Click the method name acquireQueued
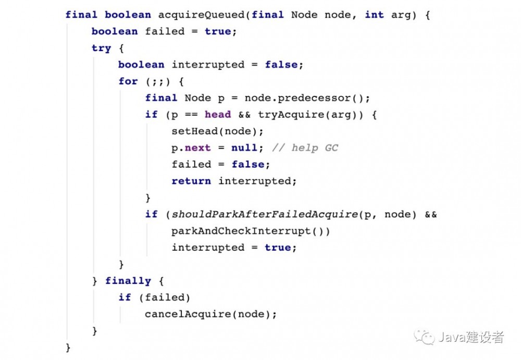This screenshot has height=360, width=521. pos(201,15)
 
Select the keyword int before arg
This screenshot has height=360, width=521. pos(374,15)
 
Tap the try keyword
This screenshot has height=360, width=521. pos(102,48)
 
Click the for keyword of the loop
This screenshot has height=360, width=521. pos(128,81)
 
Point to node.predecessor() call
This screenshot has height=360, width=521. pos(304,98)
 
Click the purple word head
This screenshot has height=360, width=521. pos(218,114)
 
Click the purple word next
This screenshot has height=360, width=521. pos(197,148)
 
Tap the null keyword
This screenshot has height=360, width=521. pos(244,147)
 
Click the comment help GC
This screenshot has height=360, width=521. pos(305,148)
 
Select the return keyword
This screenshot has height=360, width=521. pos(191,181)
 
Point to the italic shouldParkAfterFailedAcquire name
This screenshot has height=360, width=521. pos(265,215)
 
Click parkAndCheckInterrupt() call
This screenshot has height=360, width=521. pos(247,231)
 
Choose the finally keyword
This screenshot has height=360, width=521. pos(128,281)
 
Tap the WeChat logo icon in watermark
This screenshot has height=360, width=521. pos(424,337)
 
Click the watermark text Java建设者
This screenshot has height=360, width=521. pos(471,337)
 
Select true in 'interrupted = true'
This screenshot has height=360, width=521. pos(278,247)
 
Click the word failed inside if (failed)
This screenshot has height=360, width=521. pos(165,297)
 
